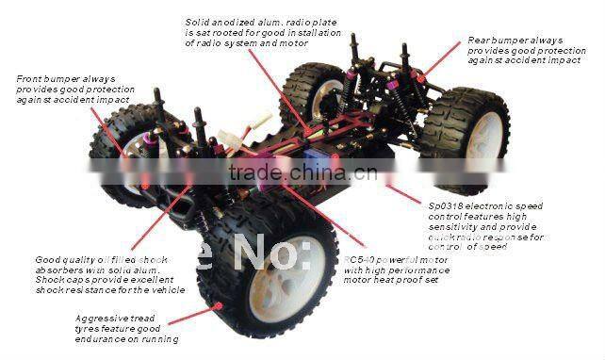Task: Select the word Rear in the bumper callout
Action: coord(480,41)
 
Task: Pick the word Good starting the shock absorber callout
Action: coord(48,260)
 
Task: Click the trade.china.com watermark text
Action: coord(302,173)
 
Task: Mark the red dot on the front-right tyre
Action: coord(220,305)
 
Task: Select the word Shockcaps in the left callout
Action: coord(59,280)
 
